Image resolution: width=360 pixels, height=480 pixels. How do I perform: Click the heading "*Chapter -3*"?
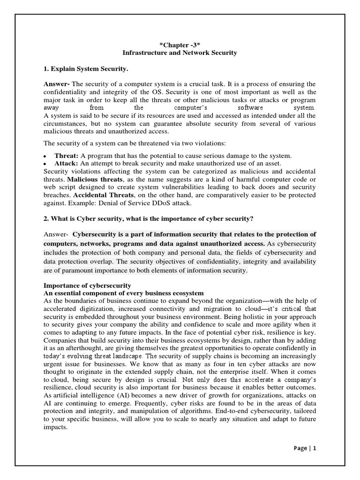click(180, 45)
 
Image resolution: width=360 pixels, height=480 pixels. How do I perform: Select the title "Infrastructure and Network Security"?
click(180, 53)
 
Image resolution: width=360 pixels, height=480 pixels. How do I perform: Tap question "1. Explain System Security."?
click(85, 69)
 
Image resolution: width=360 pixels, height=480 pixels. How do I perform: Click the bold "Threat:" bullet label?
click(67, 156)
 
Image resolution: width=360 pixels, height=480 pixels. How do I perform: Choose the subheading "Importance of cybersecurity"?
click(87, 285)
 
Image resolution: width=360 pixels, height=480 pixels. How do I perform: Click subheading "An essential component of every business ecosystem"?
click(124, 292)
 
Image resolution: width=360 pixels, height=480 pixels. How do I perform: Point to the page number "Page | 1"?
click(305, 448)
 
